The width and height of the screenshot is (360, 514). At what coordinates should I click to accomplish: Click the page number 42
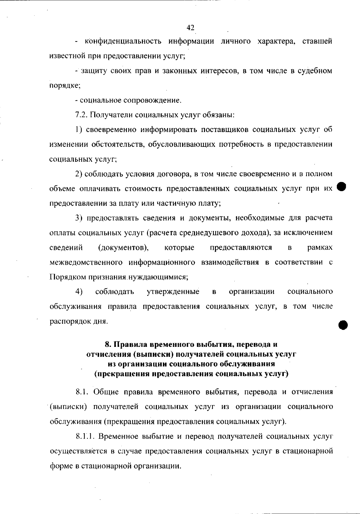(190, 28)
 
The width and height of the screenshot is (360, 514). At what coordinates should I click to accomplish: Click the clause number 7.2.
(81, 115)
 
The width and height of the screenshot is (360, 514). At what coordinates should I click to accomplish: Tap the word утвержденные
(173, 292)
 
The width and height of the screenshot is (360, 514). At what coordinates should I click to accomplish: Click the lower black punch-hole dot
(343, 324)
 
